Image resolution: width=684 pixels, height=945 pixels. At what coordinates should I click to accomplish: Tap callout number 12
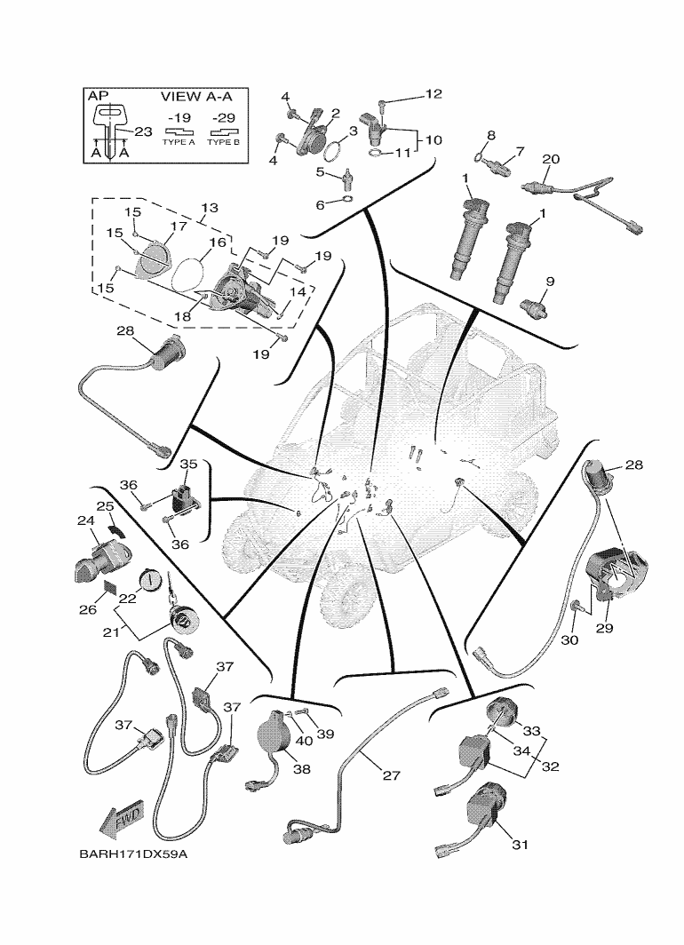point(433,93)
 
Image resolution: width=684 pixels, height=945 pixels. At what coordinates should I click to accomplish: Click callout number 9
point(550,282)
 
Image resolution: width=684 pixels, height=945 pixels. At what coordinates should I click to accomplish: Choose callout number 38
point(301,769)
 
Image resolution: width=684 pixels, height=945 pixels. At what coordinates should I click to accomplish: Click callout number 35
point(189,464)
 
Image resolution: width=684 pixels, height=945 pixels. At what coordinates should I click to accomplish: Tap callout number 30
point(569,639)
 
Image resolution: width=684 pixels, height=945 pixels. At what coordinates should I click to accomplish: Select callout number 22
point(127,599)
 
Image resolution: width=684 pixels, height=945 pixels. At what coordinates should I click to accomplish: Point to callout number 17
point(179,226)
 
